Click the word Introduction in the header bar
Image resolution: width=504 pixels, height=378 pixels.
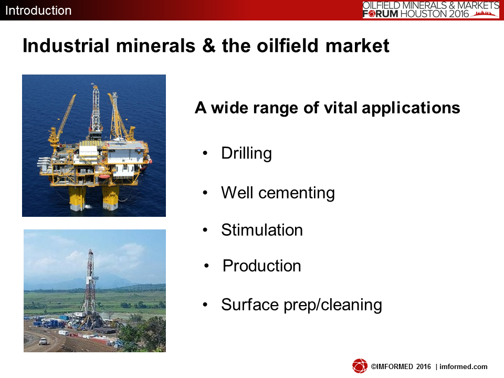point(38,10)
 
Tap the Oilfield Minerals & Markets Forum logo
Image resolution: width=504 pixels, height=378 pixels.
point(430,9)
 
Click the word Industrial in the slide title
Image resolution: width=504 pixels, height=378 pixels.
point(66,45)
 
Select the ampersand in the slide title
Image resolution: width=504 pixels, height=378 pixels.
point(209,45)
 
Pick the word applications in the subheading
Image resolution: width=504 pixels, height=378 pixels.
point(411,108)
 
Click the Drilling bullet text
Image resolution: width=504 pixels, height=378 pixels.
point(246,153)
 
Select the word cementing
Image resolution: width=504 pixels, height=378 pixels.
point(296,193)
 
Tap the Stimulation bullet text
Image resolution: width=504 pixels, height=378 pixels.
point(262,230)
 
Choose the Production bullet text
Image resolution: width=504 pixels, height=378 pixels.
point(261,266)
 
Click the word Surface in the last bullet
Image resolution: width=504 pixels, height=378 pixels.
point(250,304)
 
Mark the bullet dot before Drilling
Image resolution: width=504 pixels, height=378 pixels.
point(205,153)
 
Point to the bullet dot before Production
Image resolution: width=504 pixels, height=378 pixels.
point(207,266)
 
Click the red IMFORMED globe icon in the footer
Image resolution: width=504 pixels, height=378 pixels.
point(360,366)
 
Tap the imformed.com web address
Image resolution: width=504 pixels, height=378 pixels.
point(463,366)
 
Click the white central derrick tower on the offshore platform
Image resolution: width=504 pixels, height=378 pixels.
point(96,109)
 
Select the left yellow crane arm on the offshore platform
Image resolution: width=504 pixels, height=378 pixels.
point(63,119)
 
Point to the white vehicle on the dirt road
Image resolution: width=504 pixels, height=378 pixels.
point(43,341)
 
